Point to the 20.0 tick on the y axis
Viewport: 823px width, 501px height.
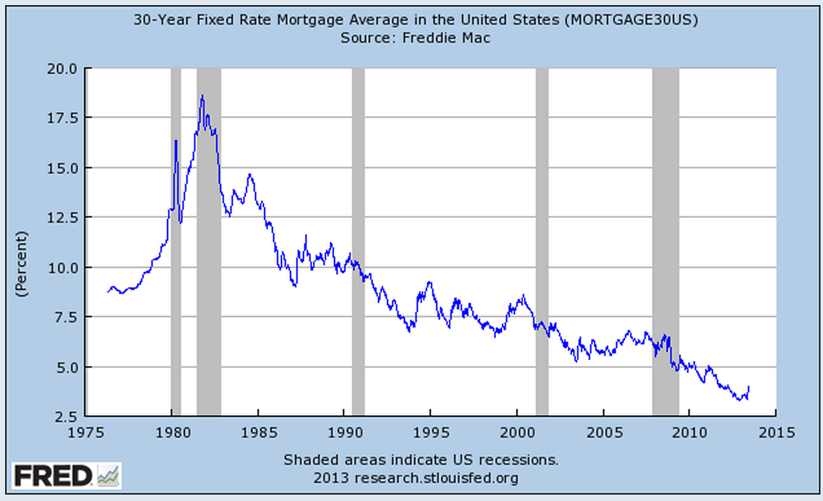(63, 68)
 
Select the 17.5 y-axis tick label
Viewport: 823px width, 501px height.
(63, 118)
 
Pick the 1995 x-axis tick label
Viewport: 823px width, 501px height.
(430, 432)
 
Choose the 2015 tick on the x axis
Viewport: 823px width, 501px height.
(776, 432)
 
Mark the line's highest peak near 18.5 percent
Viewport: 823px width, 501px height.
(203, 96)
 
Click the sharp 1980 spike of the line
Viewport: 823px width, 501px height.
(175, 140)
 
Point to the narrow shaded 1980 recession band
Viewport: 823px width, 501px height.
(175, 259)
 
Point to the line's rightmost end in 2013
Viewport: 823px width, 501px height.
(749, 386)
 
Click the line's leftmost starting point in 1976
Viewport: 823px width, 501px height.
(108, 292)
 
